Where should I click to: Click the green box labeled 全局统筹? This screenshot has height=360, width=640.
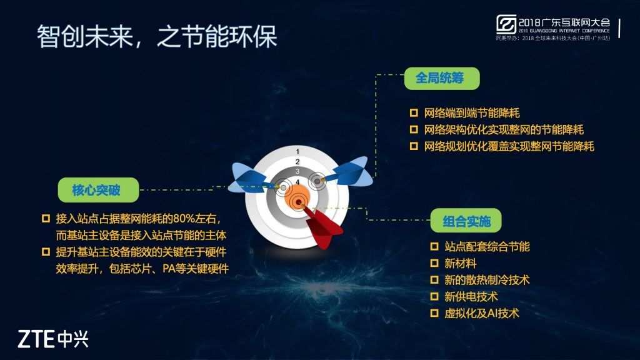pos(442,78)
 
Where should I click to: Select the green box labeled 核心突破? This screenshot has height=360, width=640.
pos(98,190)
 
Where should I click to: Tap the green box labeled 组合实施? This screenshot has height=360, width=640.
pos(466,221)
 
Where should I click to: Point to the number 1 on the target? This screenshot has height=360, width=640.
pos(297,152)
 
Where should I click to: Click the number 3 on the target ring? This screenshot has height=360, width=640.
pos(297,171)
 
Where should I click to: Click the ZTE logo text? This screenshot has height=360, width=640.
pos(52,339)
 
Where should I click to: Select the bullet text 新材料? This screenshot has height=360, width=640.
pos(461,263)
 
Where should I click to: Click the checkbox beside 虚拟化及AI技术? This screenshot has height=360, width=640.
pos(434,313)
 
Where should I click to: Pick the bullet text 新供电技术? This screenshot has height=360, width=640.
pos(471,297)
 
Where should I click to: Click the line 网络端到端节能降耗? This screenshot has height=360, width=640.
pos(472,113)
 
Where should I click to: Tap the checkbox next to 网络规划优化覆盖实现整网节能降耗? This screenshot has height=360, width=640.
pos(414,146)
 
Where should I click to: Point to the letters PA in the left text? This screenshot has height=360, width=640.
pos(169,269)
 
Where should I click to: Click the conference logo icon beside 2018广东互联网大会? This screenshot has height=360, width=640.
pos(506,24)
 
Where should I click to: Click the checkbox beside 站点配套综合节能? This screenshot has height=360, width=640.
pos(434,246)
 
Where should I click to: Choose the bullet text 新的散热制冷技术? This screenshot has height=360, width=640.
pos(487,280)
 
